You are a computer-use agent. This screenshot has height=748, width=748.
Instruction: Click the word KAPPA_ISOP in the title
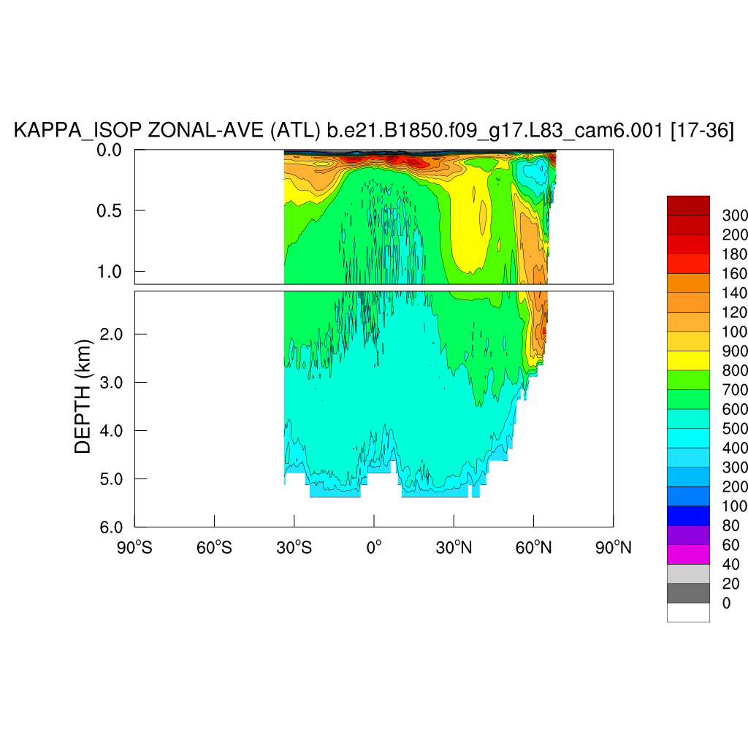(x=78, y=131)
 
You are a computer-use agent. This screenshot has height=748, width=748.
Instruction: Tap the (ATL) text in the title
(x=295, y=131)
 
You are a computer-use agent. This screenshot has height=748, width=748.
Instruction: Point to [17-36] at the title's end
(x=701, y=131)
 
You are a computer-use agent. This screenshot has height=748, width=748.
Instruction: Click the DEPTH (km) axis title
(x=84, y=396)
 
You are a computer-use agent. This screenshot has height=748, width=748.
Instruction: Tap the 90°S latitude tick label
(x=135, y=546)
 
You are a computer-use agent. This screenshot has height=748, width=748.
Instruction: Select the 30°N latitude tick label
(x=453, y=546)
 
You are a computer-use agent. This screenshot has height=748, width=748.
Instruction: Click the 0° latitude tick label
(x=374, y=546)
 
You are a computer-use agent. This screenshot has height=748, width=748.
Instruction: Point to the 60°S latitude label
(x=214, y=546)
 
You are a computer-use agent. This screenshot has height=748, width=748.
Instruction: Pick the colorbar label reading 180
(x=734, y=254)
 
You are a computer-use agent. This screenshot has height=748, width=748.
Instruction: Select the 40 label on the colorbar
(x=730, y=564)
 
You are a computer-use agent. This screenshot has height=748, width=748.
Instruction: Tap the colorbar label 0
(x=726, y=603)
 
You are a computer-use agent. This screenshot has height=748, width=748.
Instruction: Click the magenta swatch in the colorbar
(x=688, y=554)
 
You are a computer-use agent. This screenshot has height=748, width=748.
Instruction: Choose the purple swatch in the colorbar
(x=688, y=535)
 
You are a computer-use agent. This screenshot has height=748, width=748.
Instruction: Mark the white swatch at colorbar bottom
(x=688, y=612)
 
